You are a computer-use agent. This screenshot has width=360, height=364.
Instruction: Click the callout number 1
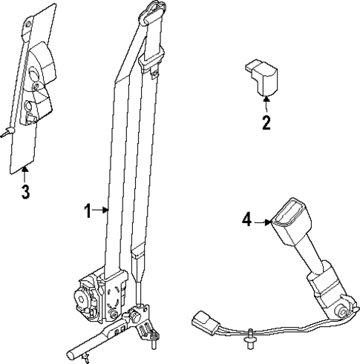[x=88, y=212]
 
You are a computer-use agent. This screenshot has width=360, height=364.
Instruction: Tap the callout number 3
[x=24, y=194]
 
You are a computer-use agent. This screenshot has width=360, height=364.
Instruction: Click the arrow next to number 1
[x=102, y=212]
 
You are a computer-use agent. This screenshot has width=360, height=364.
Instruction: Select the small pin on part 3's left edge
[x=6, y=134]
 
